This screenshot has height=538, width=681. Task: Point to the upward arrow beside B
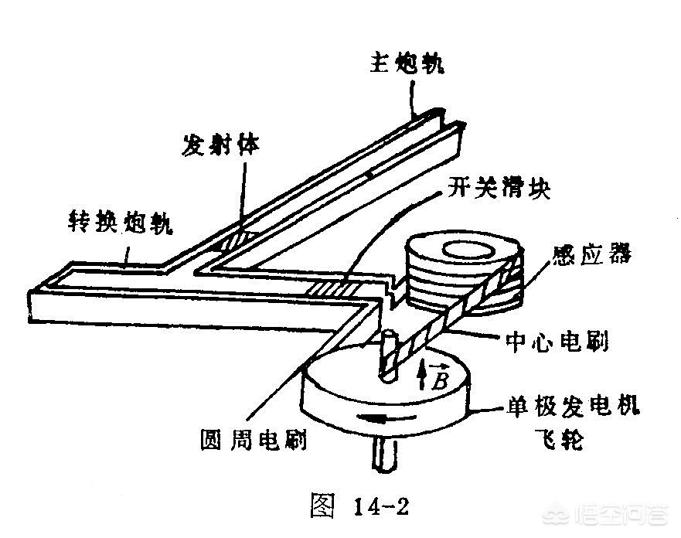pos(421,377)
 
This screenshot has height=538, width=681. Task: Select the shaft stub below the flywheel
pos(384,456)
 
